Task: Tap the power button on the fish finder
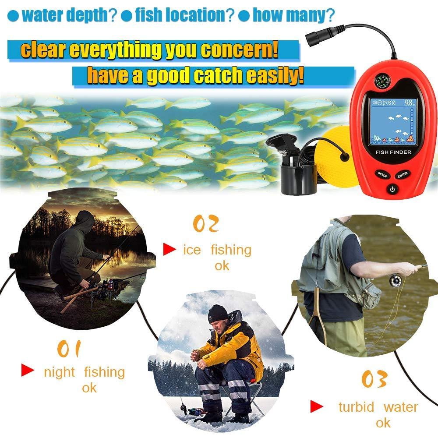click(392, 190)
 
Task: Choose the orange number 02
click(205, 224)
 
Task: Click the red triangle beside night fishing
click(28, 371)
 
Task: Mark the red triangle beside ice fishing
click(169, 250)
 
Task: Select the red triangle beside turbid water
click(317, 406)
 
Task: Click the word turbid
click(356, 407)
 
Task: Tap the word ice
click(192, 250)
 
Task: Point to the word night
click(59, 372)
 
